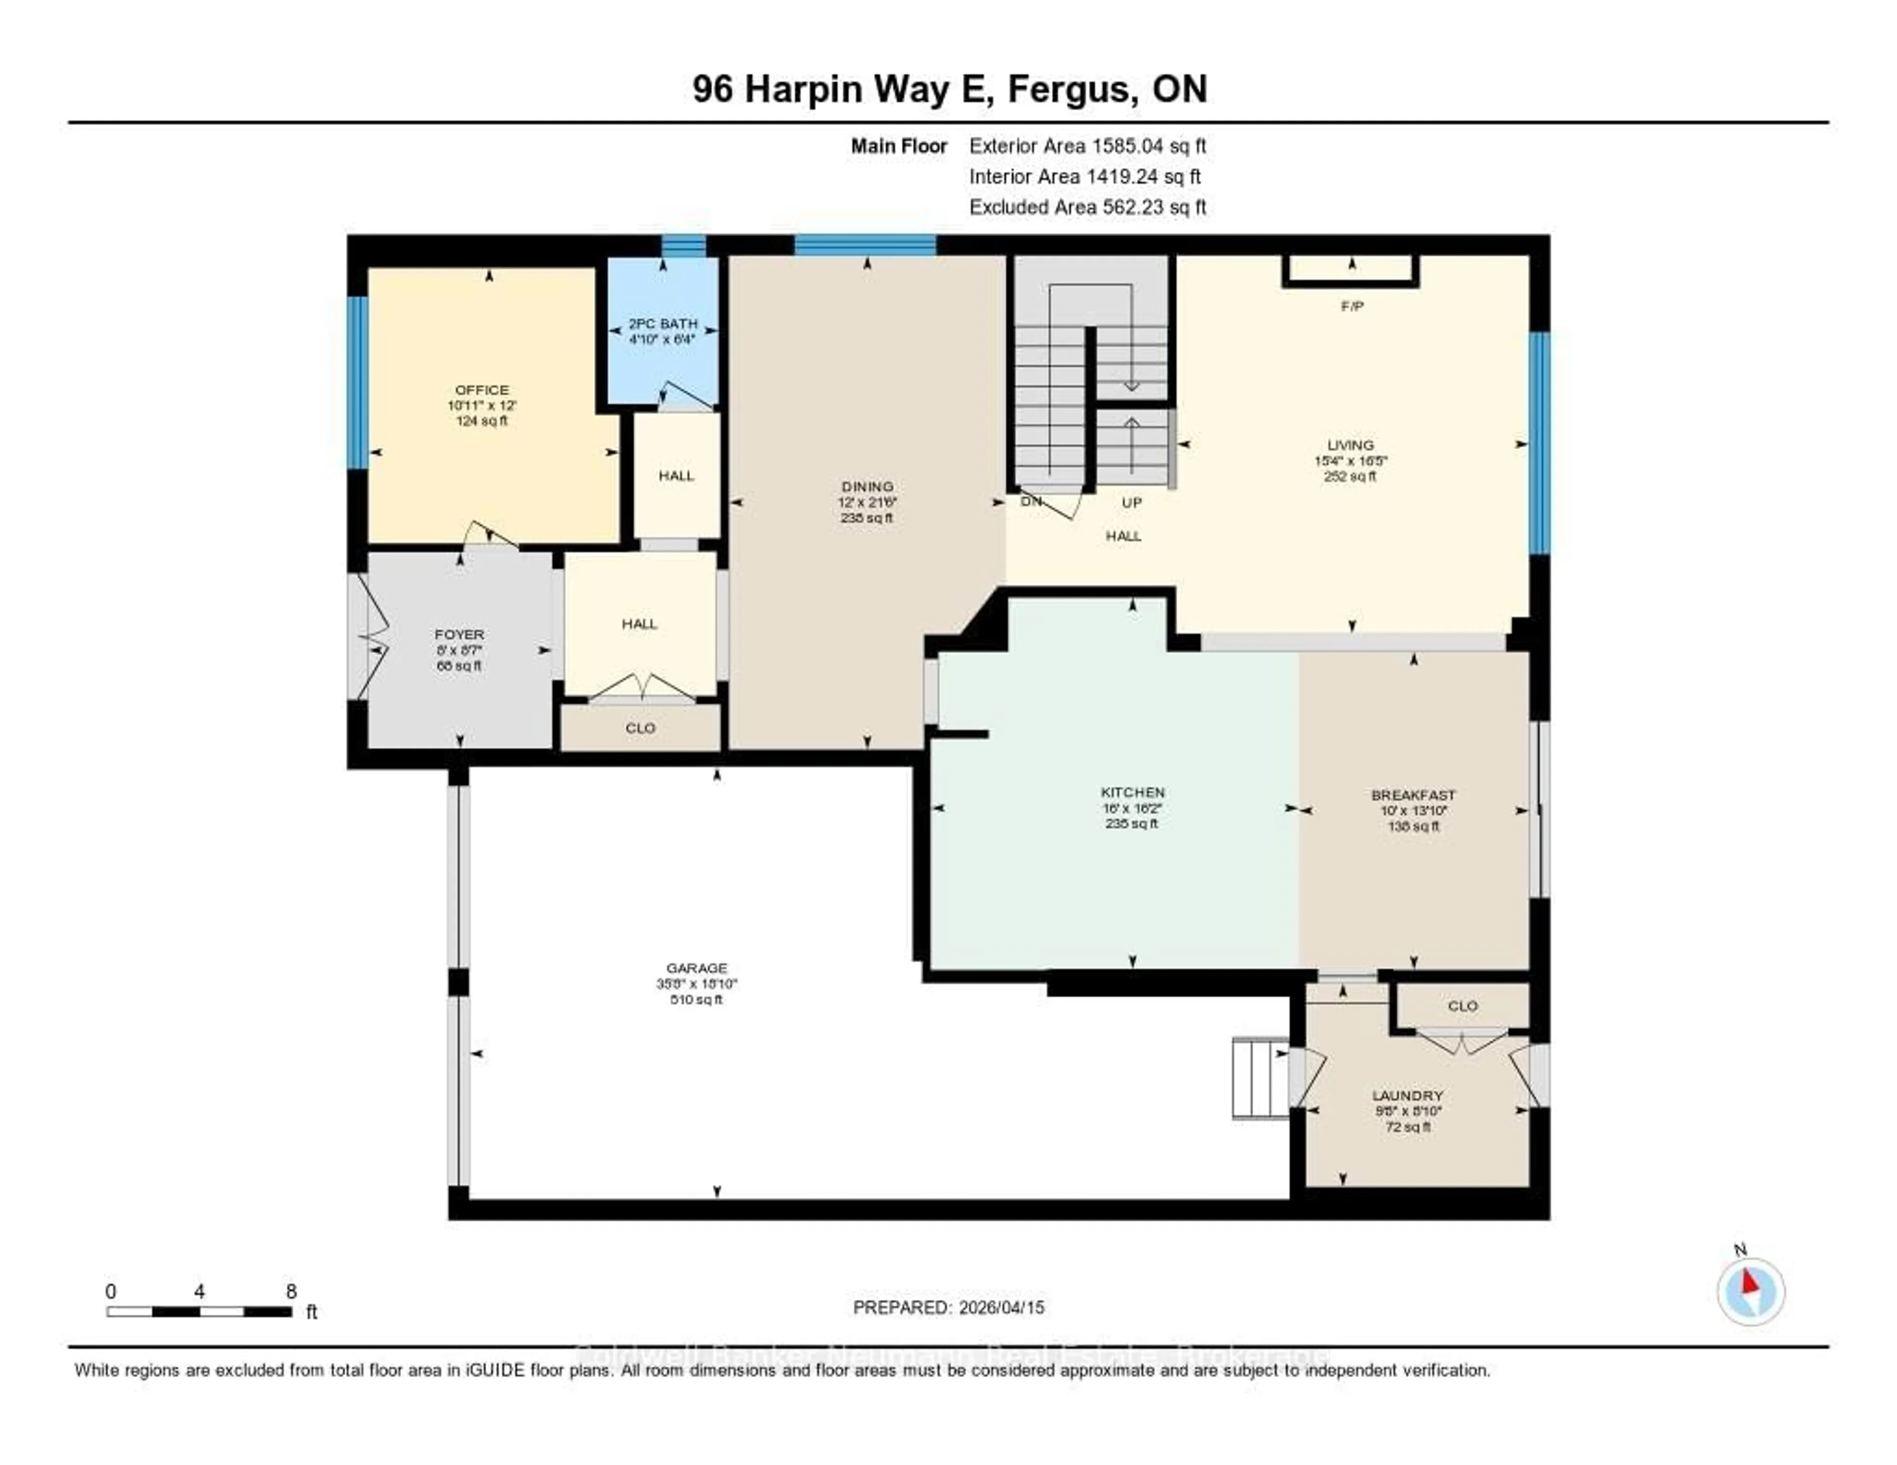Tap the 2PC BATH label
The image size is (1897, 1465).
coord(663,323)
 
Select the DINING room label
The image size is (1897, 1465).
coord(867,487)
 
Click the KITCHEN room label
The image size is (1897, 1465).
coord(1133,792)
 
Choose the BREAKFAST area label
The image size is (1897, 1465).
coord(1413,795)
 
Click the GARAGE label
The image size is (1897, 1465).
coord(697,968)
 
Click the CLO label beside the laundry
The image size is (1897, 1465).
coord(1463,1006)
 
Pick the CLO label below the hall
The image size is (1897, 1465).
coord(640,728)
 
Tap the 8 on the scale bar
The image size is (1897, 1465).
coord(291,1291)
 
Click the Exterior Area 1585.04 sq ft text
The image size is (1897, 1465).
coord(1087,146)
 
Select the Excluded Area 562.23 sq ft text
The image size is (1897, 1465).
coord(1087,206)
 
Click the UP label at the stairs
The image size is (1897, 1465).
coord(1131,503)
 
